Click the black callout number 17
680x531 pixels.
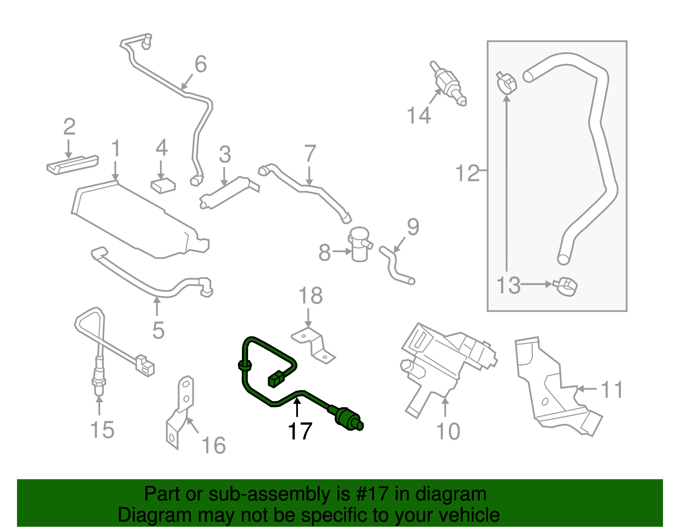pos(300,431)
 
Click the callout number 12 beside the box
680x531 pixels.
pos(467,173)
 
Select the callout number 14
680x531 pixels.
pos(419,115)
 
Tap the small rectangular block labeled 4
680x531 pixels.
pos(163,185)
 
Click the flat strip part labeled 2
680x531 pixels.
pos(72,164)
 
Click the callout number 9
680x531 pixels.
pos(413,227)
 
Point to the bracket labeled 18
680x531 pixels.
pos(314,345)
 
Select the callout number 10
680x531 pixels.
pos(448,431)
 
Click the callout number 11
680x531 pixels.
pos(612,389)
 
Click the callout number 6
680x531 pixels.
pos(201,64)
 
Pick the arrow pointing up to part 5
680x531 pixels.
pos(157,306)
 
